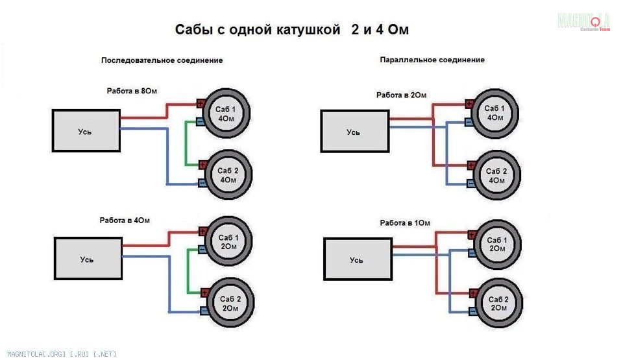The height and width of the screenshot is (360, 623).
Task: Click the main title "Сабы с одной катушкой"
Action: [258, 30]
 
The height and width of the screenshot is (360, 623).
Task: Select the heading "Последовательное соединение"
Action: [162, 60]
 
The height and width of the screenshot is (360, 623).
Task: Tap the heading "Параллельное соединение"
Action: [432, 60]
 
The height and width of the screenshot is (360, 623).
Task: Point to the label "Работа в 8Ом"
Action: [132, 91]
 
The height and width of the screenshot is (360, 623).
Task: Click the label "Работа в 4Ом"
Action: [125, 221]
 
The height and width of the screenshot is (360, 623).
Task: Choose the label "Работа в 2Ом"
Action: [401, 95]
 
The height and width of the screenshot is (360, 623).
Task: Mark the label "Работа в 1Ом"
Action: [405, 223]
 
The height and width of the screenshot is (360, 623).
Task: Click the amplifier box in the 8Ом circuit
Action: [86, 131]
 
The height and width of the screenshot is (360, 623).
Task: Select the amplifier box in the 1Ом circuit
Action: [358, 259]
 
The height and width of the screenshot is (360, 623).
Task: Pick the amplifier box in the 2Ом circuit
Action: [355, 132]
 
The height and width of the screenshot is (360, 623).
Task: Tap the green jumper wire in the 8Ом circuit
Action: [186, 143]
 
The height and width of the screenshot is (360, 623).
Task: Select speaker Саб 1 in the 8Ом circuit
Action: [226, 114]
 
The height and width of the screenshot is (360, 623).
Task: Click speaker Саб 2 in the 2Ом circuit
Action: [496, 175]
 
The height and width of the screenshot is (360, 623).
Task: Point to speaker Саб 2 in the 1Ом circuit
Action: [498, 303]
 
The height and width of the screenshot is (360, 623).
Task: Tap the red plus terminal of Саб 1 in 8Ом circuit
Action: [201, 103]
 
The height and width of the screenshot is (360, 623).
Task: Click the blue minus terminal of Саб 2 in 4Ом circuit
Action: [204, 311]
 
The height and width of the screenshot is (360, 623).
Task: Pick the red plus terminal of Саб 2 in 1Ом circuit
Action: [473, 294]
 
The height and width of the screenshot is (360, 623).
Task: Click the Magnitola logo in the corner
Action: [583, 21]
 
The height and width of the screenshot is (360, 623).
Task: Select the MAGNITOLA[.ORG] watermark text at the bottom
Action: [62, 354]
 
